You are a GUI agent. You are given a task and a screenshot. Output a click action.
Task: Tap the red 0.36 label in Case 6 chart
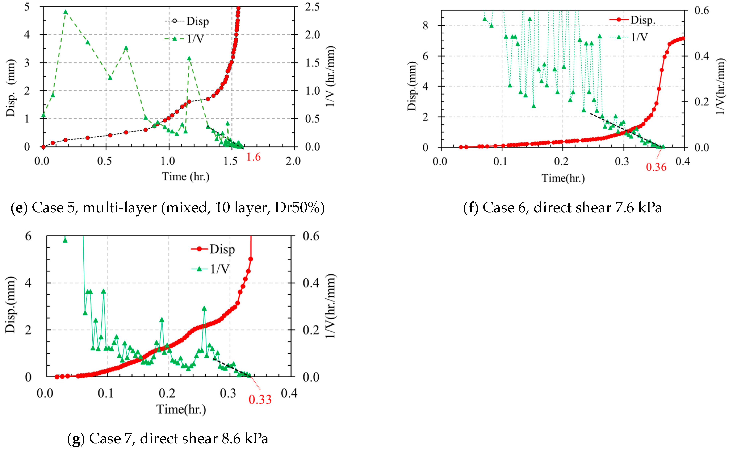(x=656, y=167)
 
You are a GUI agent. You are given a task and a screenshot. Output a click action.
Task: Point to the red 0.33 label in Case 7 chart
(x=260, y=399)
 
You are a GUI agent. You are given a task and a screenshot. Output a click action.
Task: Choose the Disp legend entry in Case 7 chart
(x=222, y=249)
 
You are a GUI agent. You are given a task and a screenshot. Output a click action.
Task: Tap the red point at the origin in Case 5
(x=43, y=147)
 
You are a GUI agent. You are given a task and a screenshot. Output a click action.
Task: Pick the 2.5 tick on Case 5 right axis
(x=312, y=7)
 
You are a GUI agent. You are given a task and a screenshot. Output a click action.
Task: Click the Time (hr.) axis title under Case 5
(x=186, y=176)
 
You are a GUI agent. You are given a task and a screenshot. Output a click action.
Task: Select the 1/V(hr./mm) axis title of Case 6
(x=721, y=86)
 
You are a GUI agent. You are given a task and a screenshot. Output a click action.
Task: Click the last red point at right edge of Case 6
(x=683, y=38)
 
